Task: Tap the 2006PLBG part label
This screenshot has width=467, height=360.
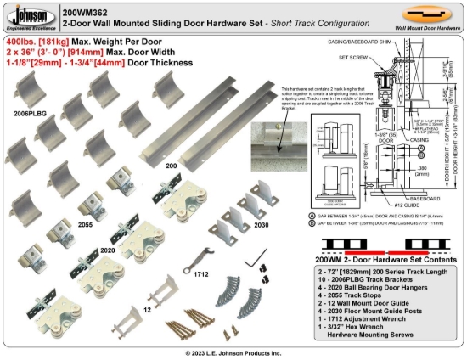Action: (28, 112)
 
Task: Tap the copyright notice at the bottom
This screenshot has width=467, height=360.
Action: (233, 352)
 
